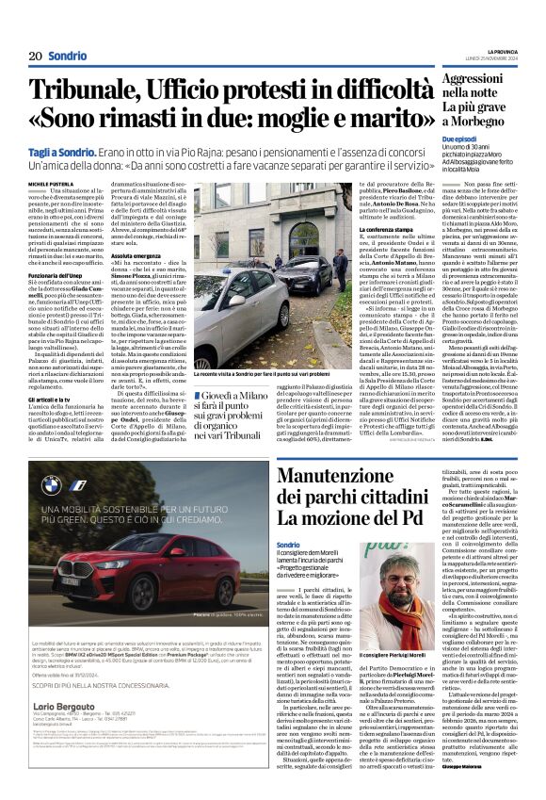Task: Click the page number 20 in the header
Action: tap(34, 56)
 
